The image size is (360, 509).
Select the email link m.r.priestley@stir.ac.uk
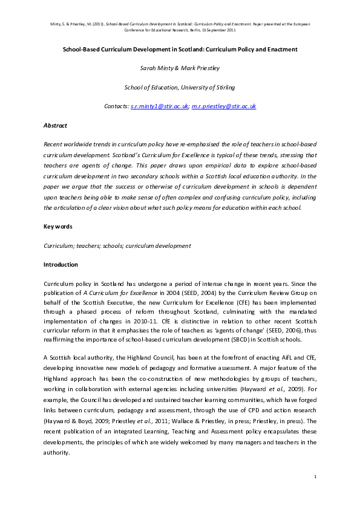click(224, 106)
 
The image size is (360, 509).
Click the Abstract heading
click(55, 125)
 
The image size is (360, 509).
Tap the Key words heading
click(58, 226)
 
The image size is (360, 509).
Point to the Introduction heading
click(62, 265)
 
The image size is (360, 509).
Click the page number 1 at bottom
click(315, 478)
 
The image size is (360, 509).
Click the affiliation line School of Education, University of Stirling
click(180, 87)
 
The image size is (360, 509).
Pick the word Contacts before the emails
click(116, 106)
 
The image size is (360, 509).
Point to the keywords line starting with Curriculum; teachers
click(117, 245)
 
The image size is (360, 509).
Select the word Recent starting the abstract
click(53, 144)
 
